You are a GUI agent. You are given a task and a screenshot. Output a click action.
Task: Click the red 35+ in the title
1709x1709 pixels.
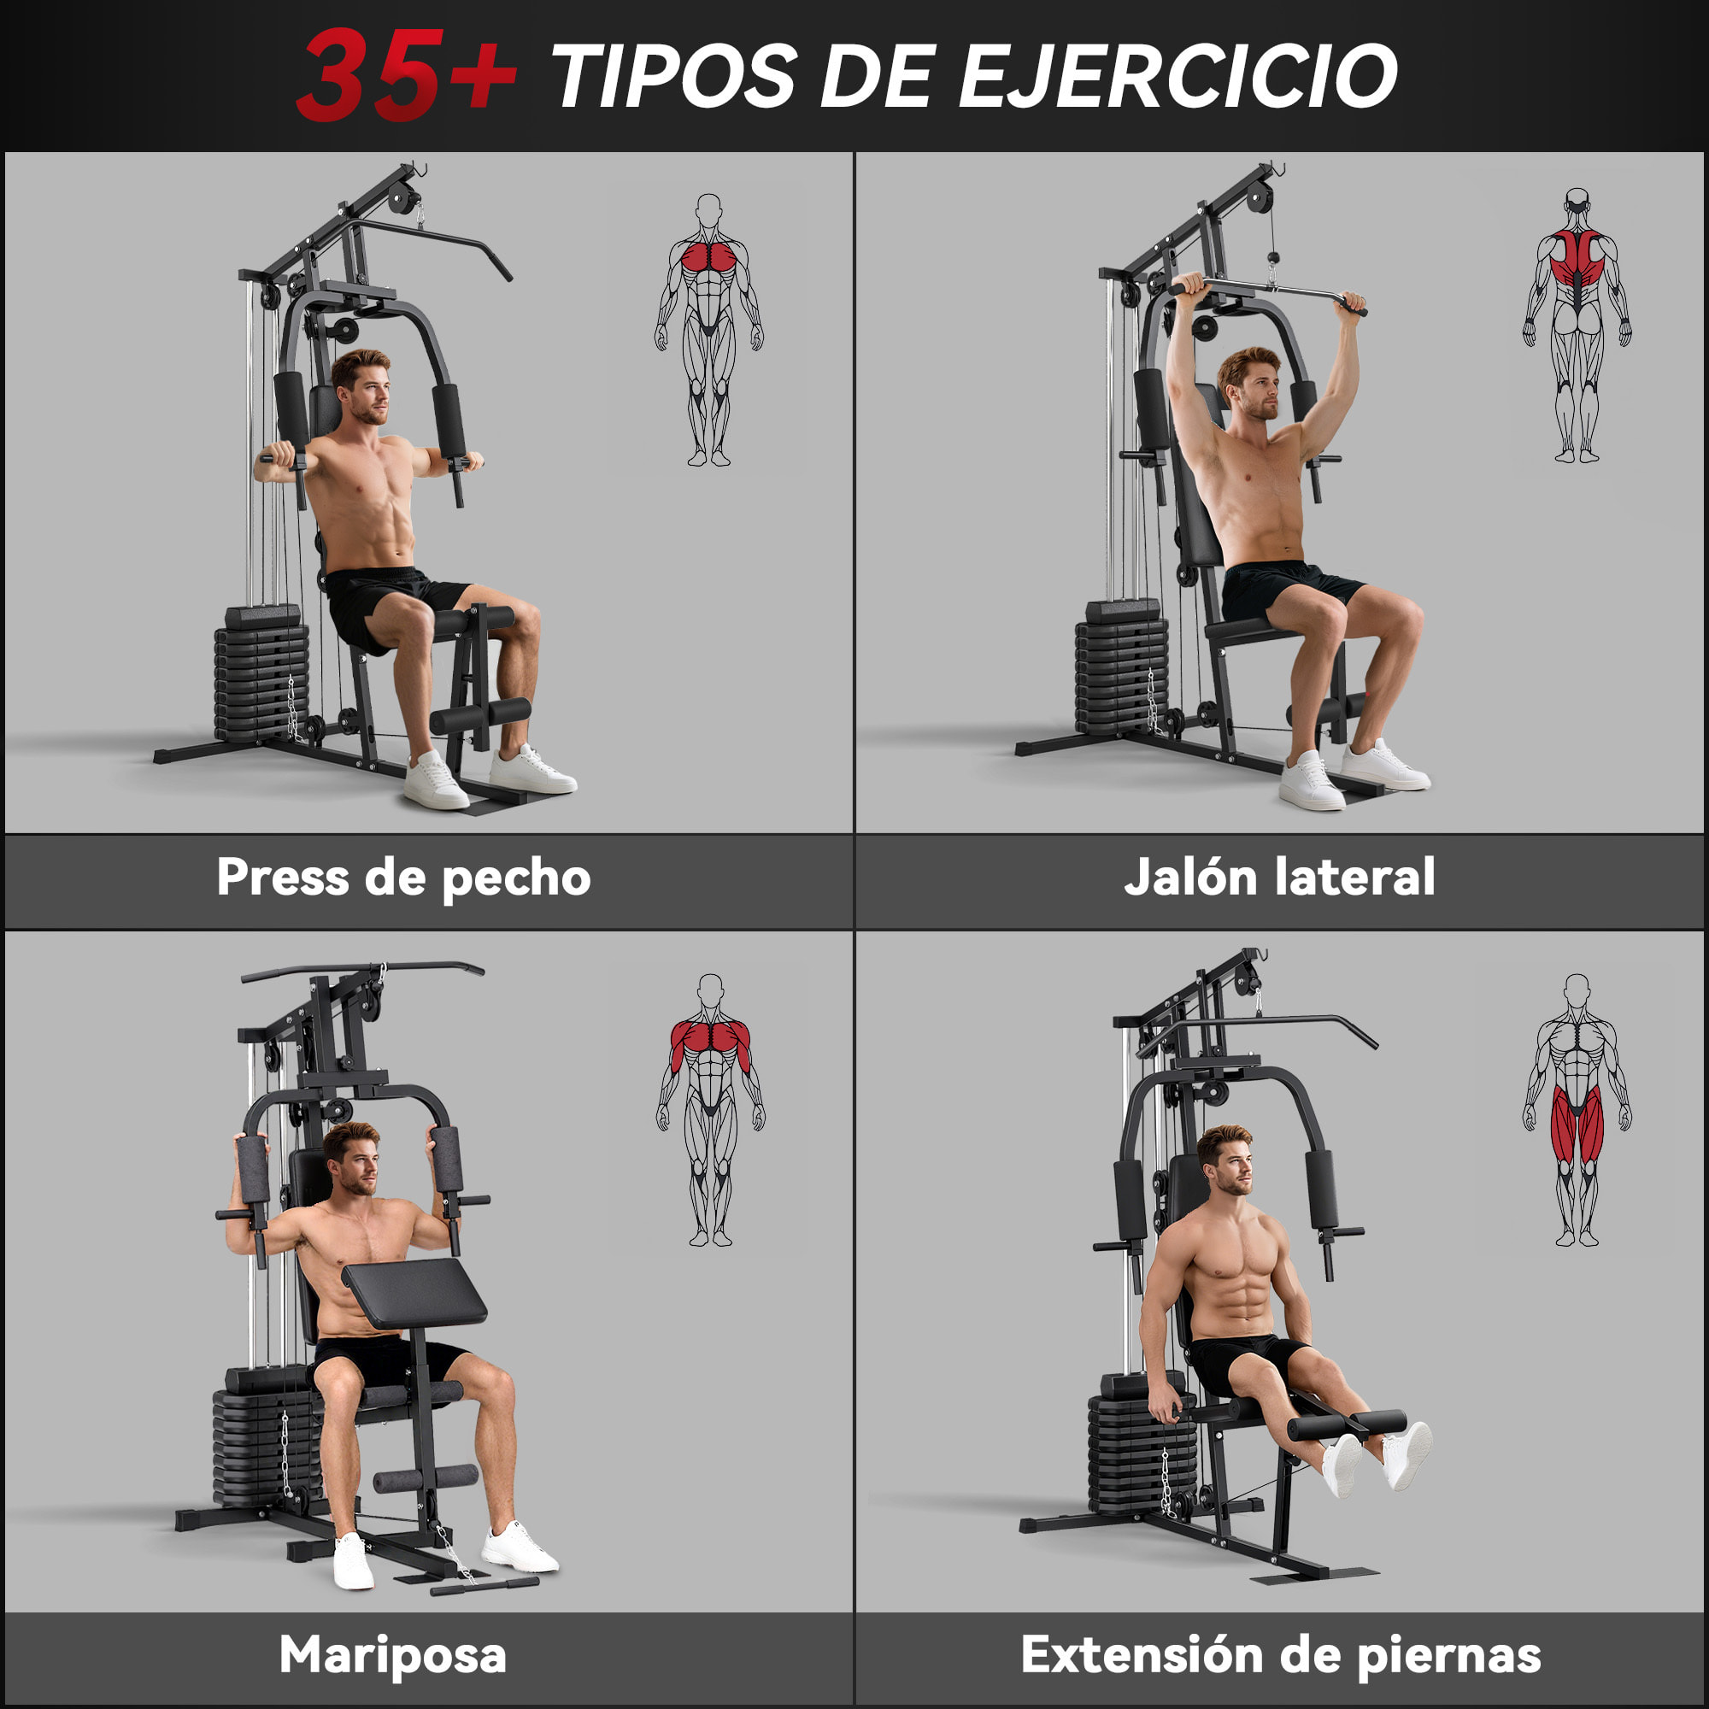(x=405, y=74)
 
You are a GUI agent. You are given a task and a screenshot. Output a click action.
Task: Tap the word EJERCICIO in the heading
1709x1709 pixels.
(x=1178, y=76)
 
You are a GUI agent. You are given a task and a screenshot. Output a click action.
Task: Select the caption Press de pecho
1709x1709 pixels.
(x=403, y=878)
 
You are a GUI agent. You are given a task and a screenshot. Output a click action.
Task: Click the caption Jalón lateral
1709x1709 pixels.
(x=1279, y=878)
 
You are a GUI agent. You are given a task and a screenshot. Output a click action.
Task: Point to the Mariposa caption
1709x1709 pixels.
(x=393, y=1654)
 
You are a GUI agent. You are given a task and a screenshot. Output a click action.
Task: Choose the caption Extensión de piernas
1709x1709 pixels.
(x=1281, y=1654)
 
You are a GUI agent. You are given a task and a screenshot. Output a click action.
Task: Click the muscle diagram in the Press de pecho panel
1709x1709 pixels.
(x=708, y=329)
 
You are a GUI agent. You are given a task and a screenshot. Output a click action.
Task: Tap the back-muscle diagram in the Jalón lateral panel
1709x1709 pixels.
(x=1577, y=326)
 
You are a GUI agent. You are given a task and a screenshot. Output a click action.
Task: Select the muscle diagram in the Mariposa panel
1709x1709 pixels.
(x=710, y=1109)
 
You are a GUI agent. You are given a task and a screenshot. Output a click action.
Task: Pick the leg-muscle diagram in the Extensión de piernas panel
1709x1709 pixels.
(x=1577, y=1109)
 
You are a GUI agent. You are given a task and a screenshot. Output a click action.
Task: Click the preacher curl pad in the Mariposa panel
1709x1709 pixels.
(x=414, y=1293)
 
